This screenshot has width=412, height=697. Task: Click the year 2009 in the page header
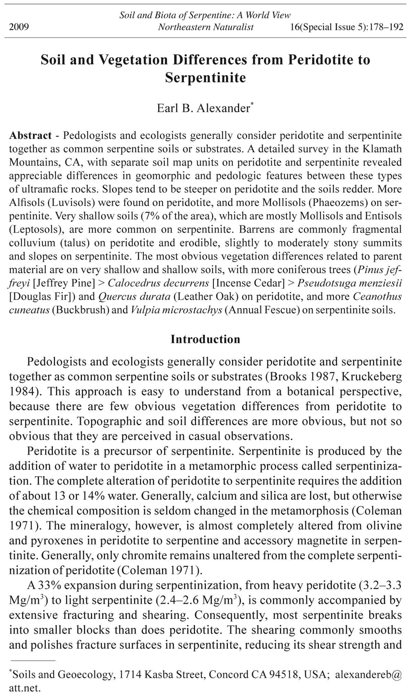(19, 27)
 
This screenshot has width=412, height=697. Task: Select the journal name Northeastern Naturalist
(206, 27)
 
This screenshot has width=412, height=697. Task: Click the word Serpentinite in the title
(205, 77)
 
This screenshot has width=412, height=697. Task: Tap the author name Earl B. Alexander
(204, 108)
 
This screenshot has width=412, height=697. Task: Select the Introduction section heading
(205, 339)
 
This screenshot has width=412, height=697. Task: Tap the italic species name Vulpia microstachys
(176, 310)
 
